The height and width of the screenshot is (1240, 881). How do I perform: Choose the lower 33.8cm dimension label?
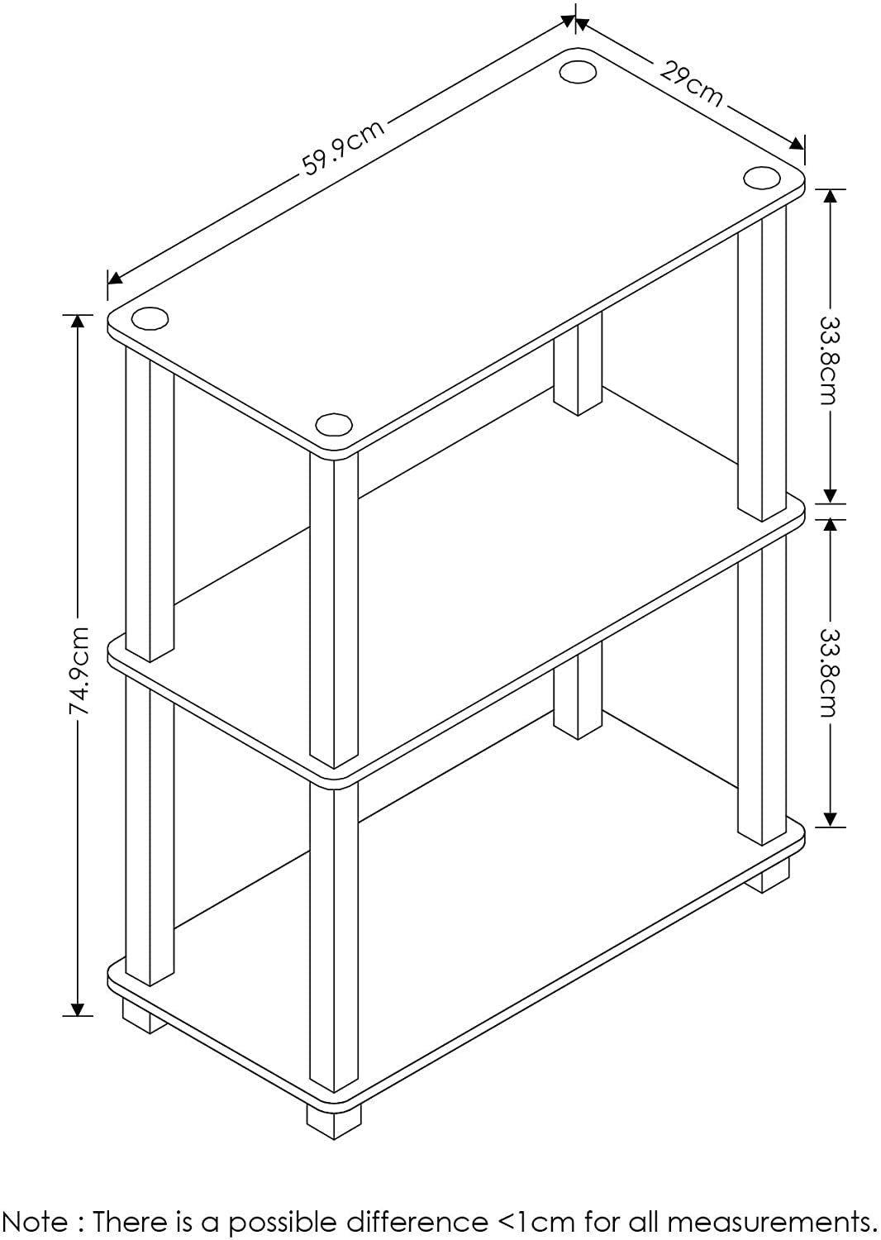[829, 673]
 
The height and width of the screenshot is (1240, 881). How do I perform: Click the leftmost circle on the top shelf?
[150, 318]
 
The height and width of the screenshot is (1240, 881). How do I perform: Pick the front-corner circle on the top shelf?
[334, 424]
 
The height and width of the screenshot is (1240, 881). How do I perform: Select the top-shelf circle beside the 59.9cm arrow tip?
[579, 71]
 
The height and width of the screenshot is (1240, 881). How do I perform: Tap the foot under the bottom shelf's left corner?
[142, 1016]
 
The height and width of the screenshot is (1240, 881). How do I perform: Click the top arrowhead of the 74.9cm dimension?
[79, 322]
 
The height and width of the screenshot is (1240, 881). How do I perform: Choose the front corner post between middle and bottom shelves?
[334, 934]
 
